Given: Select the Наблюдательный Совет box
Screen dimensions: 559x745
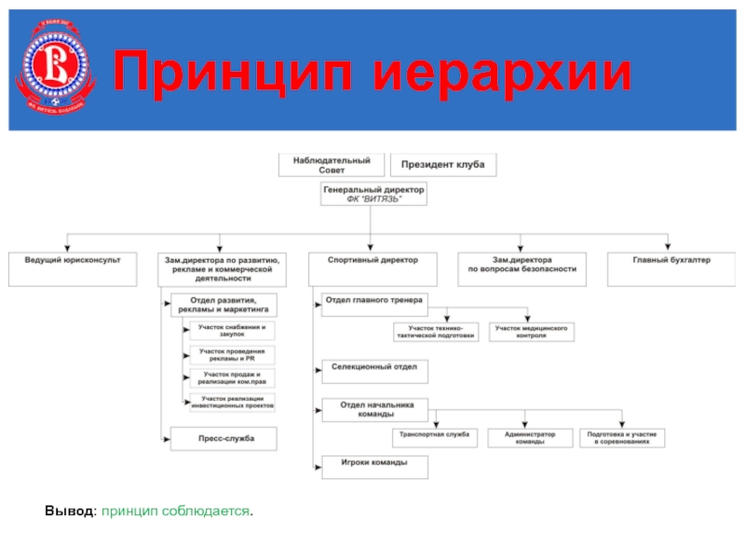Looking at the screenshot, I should pyautogui.click(x=332, y=165).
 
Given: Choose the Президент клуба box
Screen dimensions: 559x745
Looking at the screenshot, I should pyautogui.click(x=442, y=165).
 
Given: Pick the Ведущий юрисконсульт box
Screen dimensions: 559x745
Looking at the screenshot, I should pyautogui.click(x=72, y=268).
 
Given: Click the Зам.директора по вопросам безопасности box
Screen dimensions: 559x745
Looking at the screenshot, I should pyautogui.click(x=521, y=268).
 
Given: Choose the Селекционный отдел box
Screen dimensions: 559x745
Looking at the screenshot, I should pyautogui.click(x=374, y=370).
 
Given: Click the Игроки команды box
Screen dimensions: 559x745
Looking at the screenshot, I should pyautogui.click(x=374, y=466).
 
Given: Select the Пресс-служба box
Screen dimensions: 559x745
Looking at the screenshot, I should pyautogui.click(x=224, y=439).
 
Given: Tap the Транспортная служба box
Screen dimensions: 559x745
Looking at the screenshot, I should pyautogui.click(x=436, y=438).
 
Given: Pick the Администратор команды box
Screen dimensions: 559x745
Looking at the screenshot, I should pyautogui.click(x=529, y=438).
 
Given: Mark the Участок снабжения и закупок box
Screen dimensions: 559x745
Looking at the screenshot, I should pyautogui.click(x=233, y=331).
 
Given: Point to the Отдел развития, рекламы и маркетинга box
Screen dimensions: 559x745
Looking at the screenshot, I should pyautogui.click(x=223, y=305).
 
